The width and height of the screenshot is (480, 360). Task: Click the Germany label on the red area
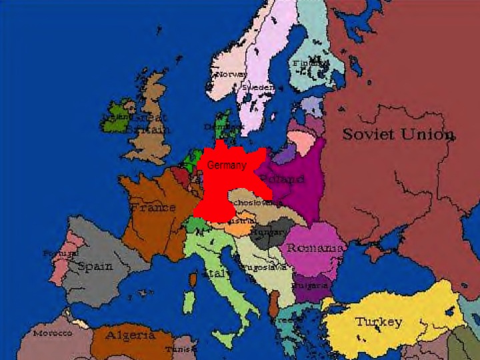click(x=227, y=165)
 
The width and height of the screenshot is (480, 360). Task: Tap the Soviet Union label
click(x=398, y=134)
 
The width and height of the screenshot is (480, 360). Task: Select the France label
click(x=153, y=207)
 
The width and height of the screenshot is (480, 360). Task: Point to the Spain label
click(x=95, y=266)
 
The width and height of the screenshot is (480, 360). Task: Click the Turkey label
click(x=378, y=322)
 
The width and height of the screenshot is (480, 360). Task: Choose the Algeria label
click(x=130, y=335)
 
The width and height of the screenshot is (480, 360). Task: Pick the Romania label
click(x=315, y=248)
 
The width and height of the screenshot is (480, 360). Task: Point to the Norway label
click(x=230, y=74)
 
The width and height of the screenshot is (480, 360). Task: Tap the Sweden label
click(x=257, y=87)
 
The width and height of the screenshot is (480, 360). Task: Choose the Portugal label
click(x=60, y=253)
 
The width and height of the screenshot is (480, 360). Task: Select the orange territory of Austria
click(x=237, y=227)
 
